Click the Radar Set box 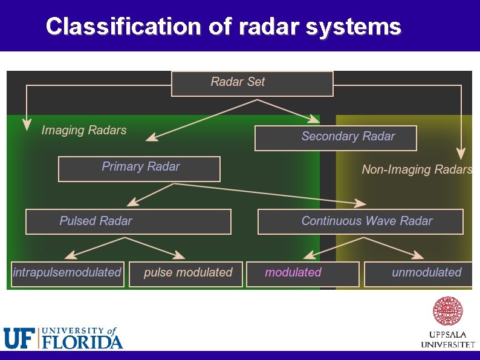click(252, 83)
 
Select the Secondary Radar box click(336, 138)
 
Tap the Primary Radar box click(139, 169)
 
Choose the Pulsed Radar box click(128, 221)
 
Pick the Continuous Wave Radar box click(360, 221)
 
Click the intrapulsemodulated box click(67, 273)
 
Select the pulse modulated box click(186, 273)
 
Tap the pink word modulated click(293, 273)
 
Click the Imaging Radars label click(84, 130)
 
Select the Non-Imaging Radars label click(417, 170)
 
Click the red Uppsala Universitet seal click(447, 311)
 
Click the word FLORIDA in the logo click(82, 342)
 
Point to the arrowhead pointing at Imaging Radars click(26, 126)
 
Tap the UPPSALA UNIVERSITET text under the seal click(447, 340)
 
